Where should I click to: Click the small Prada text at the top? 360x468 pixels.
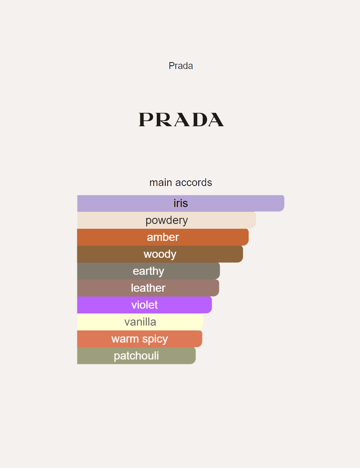click(x=181, y=66)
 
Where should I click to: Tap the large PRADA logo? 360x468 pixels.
click(x=181, y=120)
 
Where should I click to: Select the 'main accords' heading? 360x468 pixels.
click(x=181, y=182)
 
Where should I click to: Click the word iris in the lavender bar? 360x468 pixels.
click(x=181, y=203)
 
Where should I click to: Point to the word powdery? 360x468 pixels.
click(x=166, y=220)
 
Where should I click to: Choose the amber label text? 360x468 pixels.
click(x=163, y=237)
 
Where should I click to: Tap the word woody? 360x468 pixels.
click(x=160, y=254)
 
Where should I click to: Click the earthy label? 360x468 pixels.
click(x=148, y=271)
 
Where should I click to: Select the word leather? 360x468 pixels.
click(x=148, y=288)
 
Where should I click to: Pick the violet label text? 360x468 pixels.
click(x=144, y=305)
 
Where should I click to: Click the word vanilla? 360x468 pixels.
click(x=140, y=322)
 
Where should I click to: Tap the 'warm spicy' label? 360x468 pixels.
click(x=139, y=339)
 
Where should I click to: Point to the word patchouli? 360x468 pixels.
click(x=136, y=356)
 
